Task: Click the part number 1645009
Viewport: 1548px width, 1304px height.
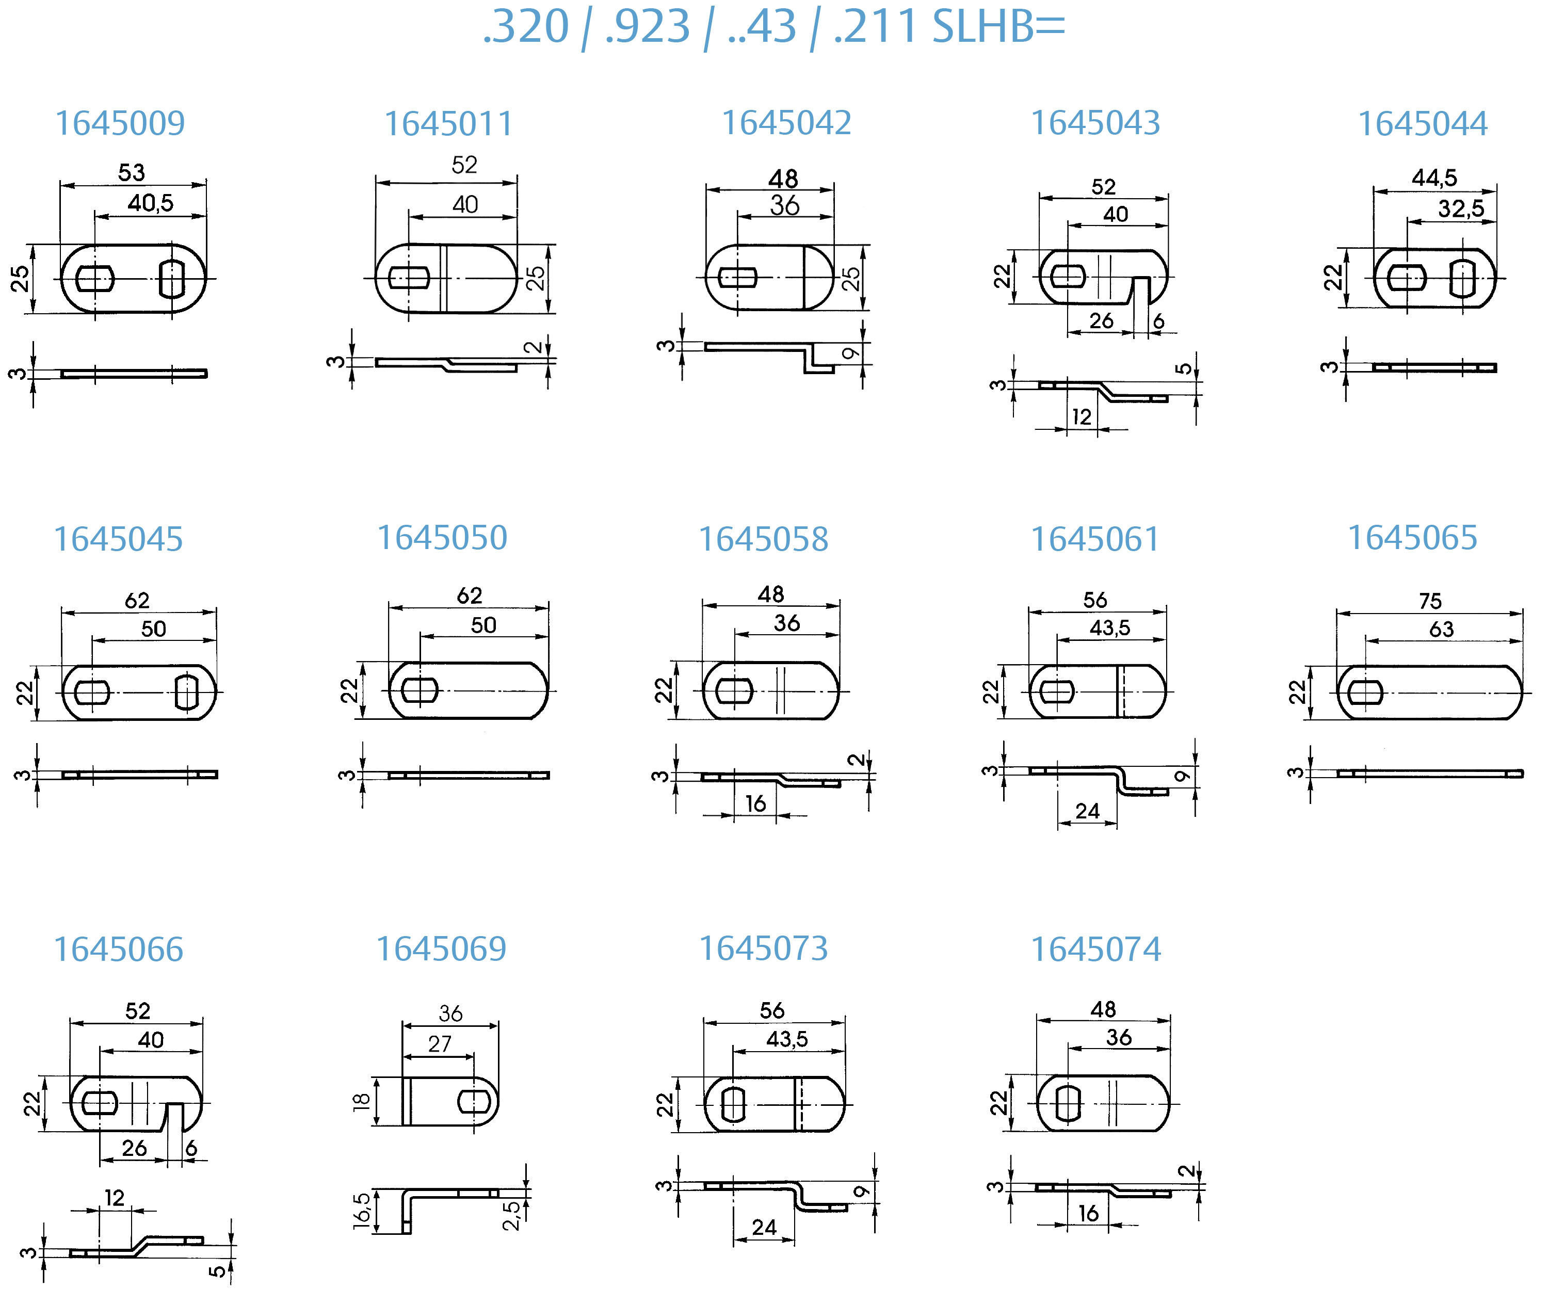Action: click(120, 123)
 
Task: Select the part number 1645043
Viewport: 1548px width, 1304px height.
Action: click(1095, 123)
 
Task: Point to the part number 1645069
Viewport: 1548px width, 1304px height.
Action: click(441, 949)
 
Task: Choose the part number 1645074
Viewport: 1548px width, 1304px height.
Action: click(1095, 949)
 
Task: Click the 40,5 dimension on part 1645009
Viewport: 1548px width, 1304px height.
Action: click(150, 203)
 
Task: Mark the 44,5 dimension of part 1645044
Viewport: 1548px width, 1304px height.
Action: click(1434, 178)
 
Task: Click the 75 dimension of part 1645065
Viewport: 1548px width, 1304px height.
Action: click(1430, 601)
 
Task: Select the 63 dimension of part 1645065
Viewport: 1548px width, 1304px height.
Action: click(1441, 629)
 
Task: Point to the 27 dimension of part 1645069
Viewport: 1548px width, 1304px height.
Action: click(439, 1044)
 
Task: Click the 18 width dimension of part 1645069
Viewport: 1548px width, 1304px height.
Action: click(361, 1101)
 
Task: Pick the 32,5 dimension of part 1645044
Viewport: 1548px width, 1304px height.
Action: click(1460, 209)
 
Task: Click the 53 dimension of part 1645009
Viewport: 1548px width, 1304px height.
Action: click(132, 173)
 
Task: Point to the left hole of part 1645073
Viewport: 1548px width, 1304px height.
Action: click(733, 1105)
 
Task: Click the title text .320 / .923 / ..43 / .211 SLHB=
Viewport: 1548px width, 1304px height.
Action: click(773, 27)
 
